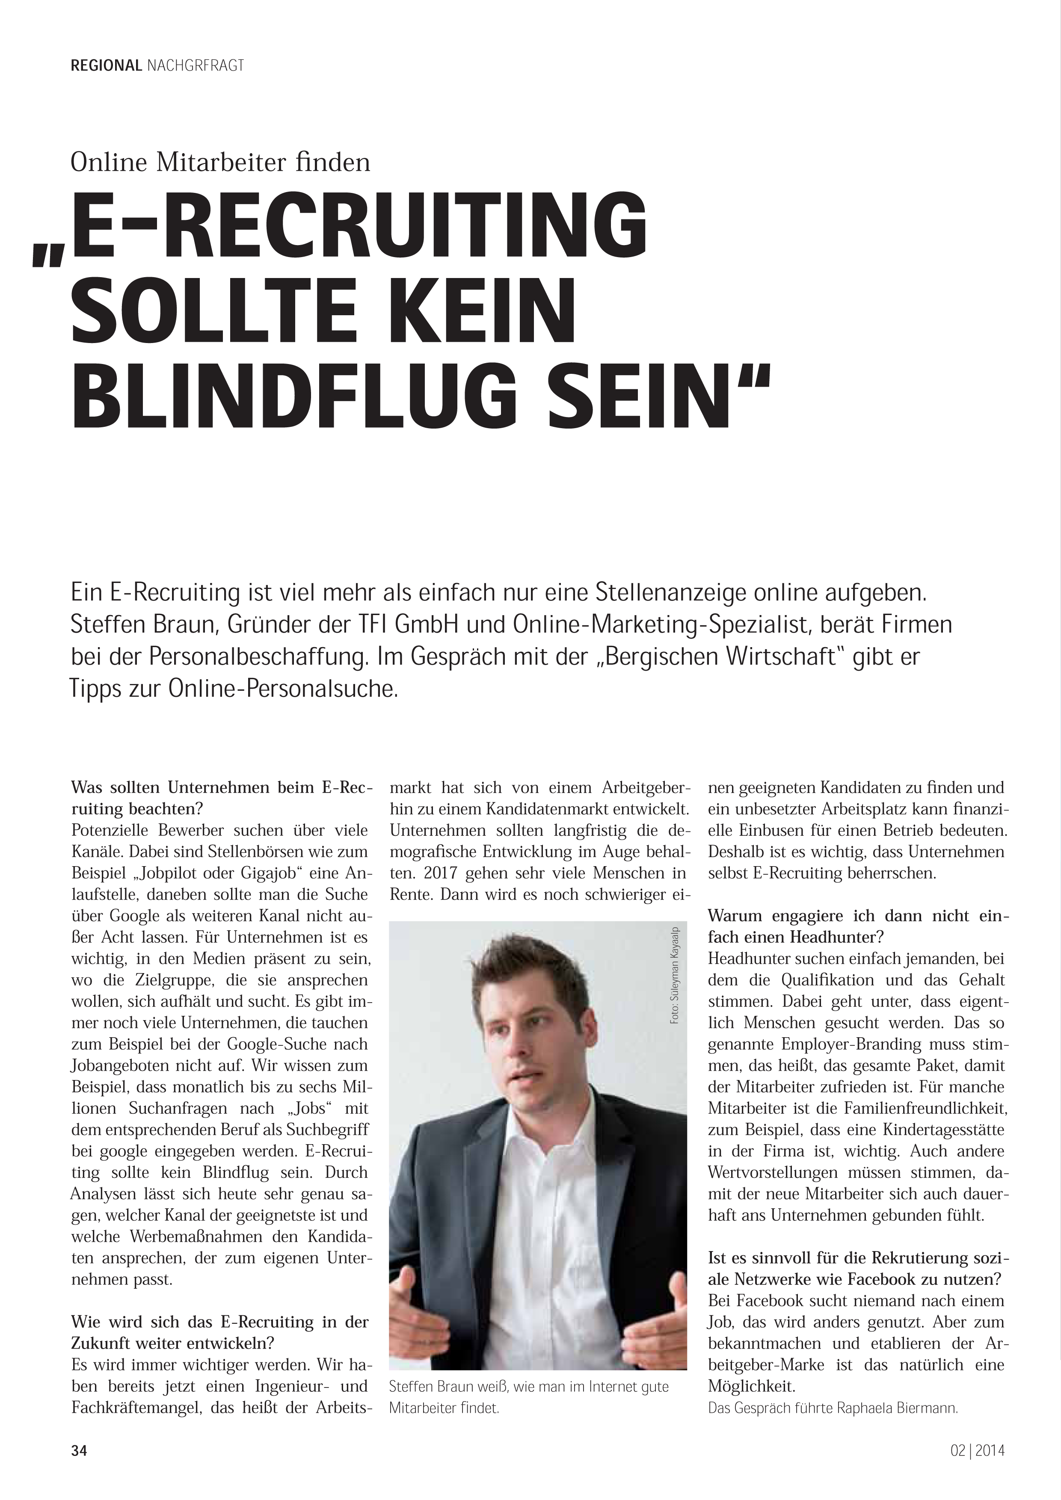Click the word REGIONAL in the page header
(106, 65)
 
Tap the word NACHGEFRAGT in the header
(196, 65)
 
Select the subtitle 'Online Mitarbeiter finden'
(220, 161)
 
